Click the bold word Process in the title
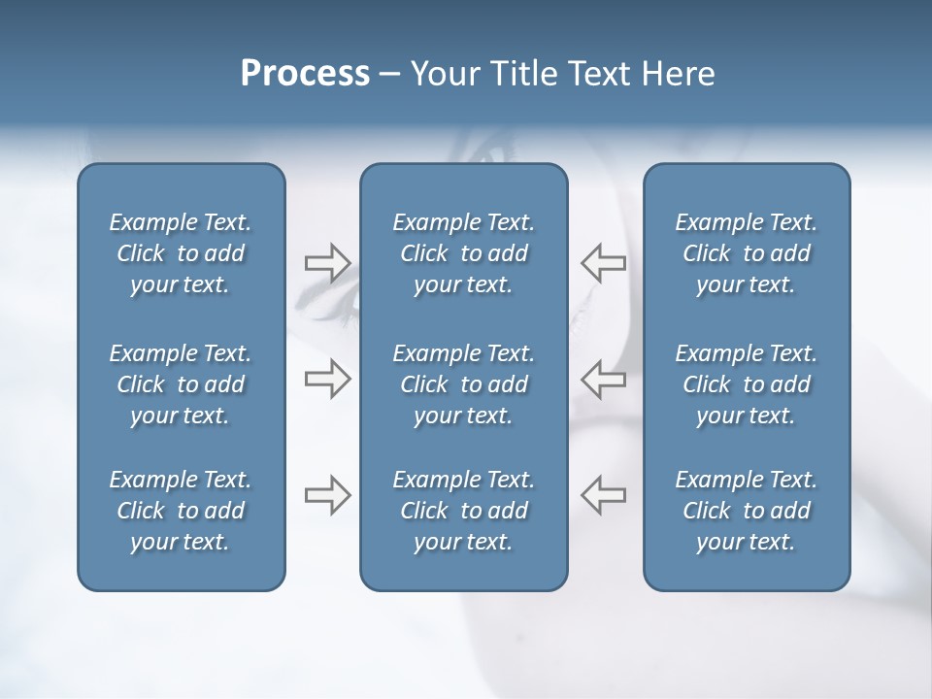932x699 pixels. point(305,74)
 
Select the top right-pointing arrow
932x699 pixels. point(327,263)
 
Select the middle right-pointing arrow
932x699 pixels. point(327,379)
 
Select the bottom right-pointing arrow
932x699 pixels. point(327,495)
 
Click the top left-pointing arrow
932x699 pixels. point(604,263)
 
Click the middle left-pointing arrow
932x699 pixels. point(604,379)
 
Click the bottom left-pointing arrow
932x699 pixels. point(604,495)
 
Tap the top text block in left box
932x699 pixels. point(181,253)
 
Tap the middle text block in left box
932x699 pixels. point(181,384)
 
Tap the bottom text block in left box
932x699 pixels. point(181,511)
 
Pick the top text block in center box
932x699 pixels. point(463,253)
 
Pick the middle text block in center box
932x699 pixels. point(463,384)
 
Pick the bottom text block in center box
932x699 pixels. point(463,511)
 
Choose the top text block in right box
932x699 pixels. point(746,253)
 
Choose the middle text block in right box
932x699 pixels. point(746,384)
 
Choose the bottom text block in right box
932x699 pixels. point(746,511)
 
